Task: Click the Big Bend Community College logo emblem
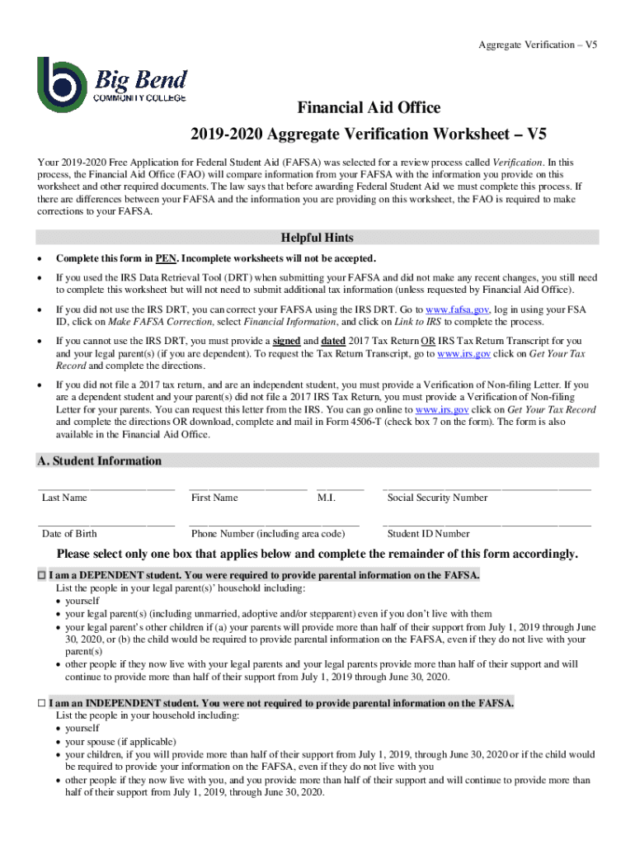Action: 61,84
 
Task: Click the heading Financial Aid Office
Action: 369,108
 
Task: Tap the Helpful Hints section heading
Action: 317,238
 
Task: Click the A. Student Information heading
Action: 99,461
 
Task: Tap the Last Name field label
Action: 64,498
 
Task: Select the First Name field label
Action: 214,498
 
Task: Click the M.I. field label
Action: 327,498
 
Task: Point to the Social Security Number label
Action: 437,498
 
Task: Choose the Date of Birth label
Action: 69,534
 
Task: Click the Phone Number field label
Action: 268,534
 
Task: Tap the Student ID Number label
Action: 428,534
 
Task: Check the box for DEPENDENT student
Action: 42,575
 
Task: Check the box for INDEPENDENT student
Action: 42,704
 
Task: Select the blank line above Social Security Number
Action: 487,489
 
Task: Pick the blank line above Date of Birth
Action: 106,525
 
